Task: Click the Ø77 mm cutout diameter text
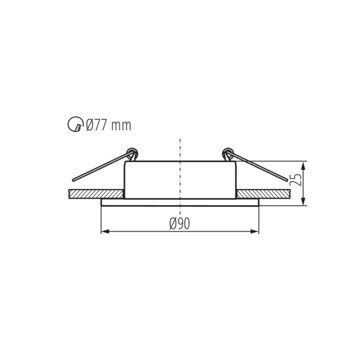coord(108,125)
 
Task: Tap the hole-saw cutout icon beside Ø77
coord(76,125)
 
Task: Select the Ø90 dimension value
coord(179,224)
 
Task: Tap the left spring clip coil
coord(132,152)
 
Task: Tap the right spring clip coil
coord(227,152)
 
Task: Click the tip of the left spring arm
coord(74,179)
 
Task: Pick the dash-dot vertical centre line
coord(180,174)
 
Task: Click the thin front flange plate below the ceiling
coord(179,202)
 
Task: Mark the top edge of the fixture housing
coord(180,161)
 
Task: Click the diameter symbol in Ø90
coord(173,224)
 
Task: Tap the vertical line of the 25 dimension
coord(304,183)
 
